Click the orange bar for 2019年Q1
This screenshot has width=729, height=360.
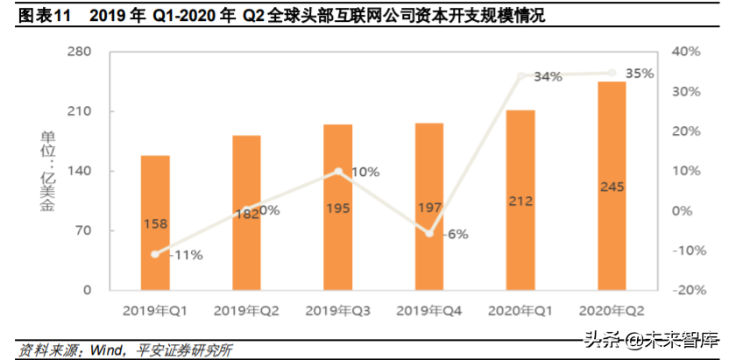(x=155, y=222)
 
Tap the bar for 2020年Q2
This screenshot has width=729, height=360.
(x=612, y=186)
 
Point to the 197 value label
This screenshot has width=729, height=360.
(x=428, y=208)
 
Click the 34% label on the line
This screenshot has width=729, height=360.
(x=548, y=77)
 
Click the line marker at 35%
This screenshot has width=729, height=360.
(x=612, y=73)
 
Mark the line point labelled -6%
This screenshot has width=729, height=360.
(x=429, y=233)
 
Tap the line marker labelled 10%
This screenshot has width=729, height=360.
(x=338, y=172)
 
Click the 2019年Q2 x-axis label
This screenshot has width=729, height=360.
(x=246, y=311)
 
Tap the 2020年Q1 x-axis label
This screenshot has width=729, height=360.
(x=520, y=311)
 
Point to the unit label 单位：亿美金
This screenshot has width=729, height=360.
(x=46, y=171)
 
